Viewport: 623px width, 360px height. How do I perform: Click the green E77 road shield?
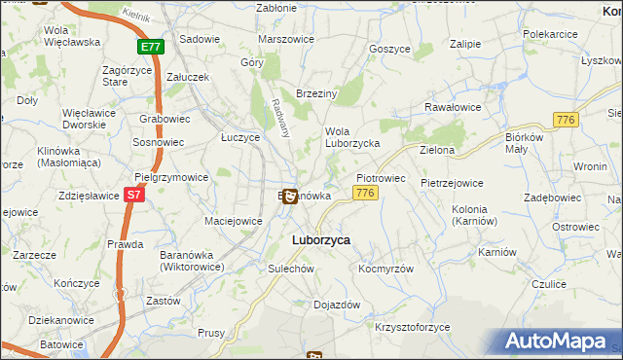pyautogui.click(x=151, y=46)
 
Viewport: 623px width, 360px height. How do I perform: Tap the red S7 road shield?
pyautogui.click(x=135, y=195)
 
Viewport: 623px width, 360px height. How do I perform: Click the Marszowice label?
pyautogui.click(x=283, y=39)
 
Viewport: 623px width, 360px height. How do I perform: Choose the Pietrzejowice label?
pyautogui.click(x=452, y=182)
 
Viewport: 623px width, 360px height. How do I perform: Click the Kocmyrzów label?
pyautogui.click(x=386, y=269)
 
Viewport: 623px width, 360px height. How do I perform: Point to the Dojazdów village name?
pyautogui.click(x=337, y=305)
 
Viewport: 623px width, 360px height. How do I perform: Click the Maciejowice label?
pyautogui.click(x=234, y=221)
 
